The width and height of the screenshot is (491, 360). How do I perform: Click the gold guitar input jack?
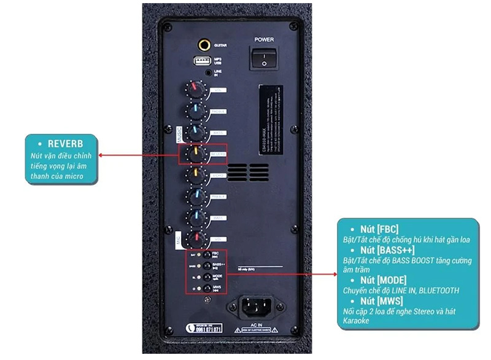(x=203, y=45)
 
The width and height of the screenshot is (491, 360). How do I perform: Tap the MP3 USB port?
(x=203, y=61)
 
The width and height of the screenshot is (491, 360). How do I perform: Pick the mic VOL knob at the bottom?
(x=196, y=238)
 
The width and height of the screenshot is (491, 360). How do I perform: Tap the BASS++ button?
(x=207, y=265)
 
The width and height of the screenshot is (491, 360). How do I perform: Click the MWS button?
(x=207, y=288)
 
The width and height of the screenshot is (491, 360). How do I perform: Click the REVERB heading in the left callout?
(x=65, y=143)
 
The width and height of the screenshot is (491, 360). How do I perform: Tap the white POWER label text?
(x=264, y=40)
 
